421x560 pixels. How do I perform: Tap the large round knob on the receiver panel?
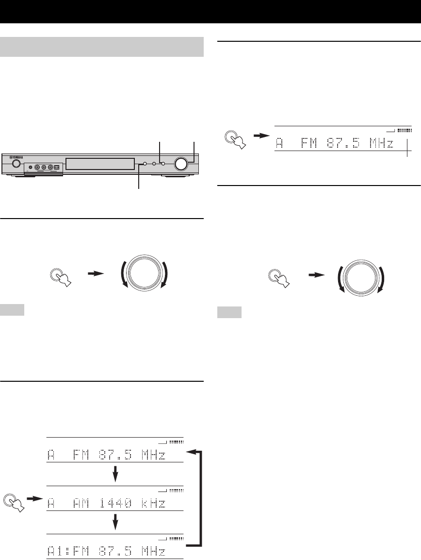point(181,164)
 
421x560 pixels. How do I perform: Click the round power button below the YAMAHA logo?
point(16,164)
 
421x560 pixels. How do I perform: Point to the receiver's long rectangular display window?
point(100,164)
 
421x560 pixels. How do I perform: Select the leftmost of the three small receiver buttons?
point(145,164)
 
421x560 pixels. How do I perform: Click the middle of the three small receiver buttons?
point(154,164)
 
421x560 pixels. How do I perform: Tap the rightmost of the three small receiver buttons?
point(162,164)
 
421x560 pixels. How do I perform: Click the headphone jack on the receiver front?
point(31,167)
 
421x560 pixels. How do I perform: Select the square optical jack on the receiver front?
point(56,167)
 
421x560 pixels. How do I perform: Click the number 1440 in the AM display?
point(115,504)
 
